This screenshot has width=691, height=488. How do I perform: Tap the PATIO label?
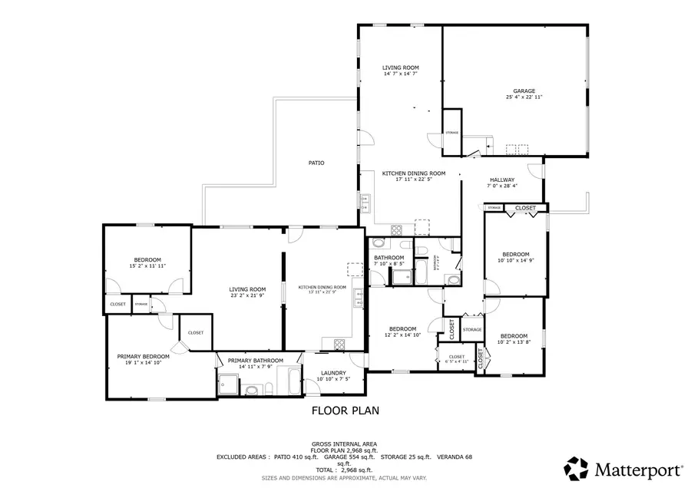(x=316, y=163)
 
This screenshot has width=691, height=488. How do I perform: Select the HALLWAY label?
(x=501, y=180)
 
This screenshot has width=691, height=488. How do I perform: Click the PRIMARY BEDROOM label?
(x=143, y=356)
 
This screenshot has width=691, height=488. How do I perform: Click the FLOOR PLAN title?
(x=345, y=411)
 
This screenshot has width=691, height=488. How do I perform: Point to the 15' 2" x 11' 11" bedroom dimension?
(x=147, y=265)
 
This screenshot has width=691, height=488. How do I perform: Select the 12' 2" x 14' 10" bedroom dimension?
(x=402, y=335)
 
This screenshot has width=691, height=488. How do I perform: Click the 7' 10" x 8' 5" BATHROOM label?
(x=388, y=258)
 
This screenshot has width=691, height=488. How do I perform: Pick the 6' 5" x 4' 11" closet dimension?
(x=457, y=361)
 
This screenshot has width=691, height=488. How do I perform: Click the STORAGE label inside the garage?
(x=452, y=133)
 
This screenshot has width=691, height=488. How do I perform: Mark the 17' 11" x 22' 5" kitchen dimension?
(x=413, y=180)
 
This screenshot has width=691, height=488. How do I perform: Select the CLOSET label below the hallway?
(x=525, y=208)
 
